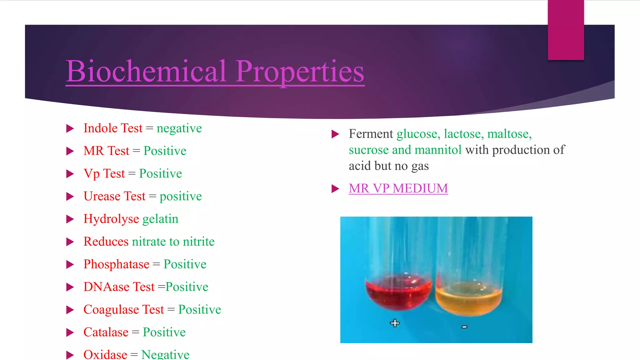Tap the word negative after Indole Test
coord(179,128)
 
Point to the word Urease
coord(102,196)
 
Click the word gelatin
coord(160,219)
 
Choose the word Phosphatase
coord(116,264)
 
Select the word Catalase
coord(106,332)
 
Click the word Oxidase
coord(105,354)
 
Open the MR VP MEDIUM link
coord(398,188)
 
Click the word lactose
coord(462,134)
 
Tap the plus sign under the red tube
coord(395,323)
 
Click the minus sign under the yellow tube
coord(464,327)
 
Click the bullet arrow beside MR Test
coord(70,151)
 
